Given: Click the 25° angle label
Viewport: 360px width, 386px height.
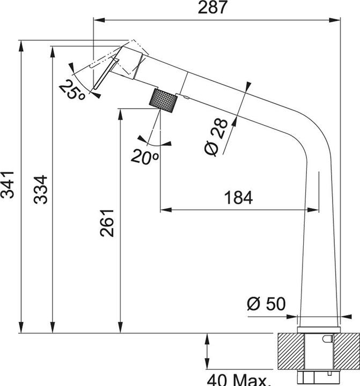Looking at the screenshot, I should pyautogui.click(x=72, y=90).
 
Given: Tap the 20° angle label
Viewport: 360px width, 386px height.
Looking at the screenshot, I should pyautogui.click(x=144, y=157).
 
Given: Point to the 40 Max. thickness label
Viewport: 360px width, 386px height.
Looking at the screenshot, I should pyautogui.click(x=239, y=380).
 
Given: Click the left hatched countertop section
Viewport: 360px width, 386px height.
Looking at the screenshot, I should pyautogui.click(x=288, y=351).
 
